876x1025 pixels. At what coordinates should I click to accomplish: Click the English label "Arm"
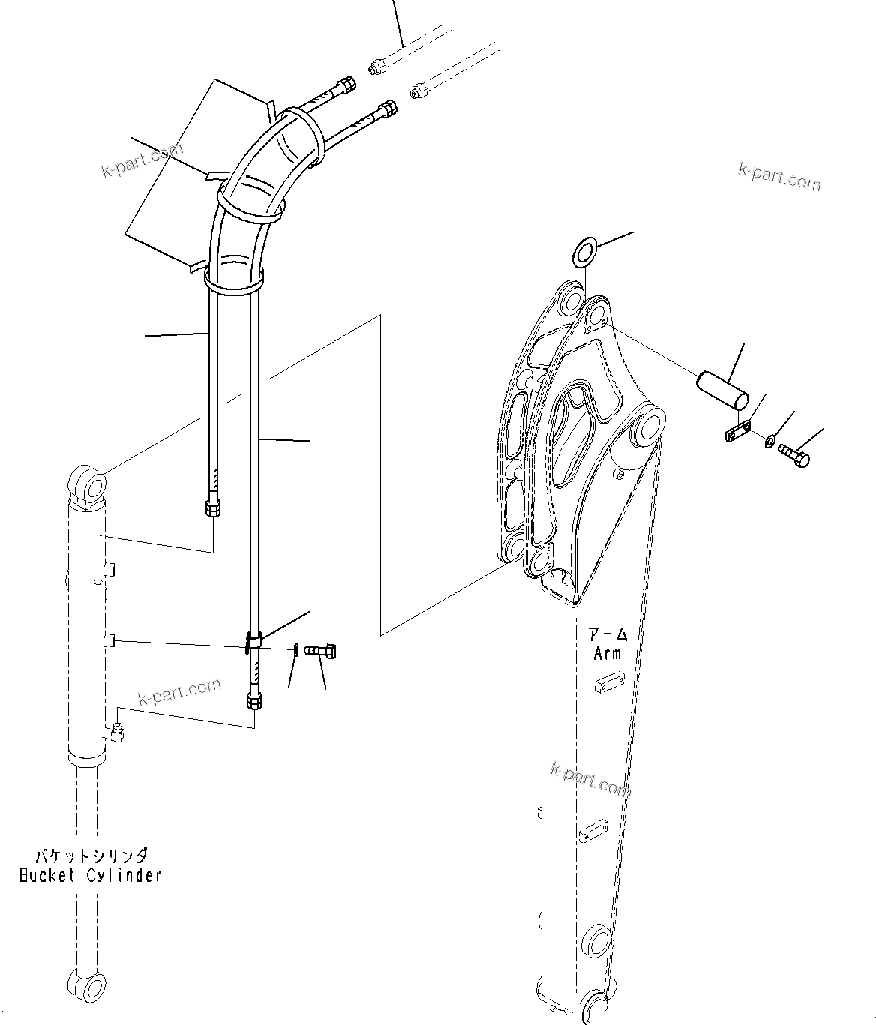607,654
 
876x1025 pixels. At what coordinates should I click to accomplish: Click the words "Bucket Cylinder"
90,875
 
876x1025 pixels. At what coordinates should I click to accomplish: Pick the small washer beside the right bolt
771,440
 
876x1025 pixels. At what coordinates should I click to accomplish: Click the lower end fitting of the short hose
212,509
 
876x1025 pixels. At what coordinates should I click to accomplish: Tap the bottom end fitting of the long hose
253,700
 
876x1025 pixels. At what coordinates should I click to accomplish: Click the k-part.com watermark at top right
779,177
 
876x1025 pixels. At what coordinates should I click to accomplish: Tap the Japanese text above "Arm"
607,635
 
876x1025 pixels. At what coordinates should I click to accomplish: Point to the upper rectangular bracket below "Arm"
608,684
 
